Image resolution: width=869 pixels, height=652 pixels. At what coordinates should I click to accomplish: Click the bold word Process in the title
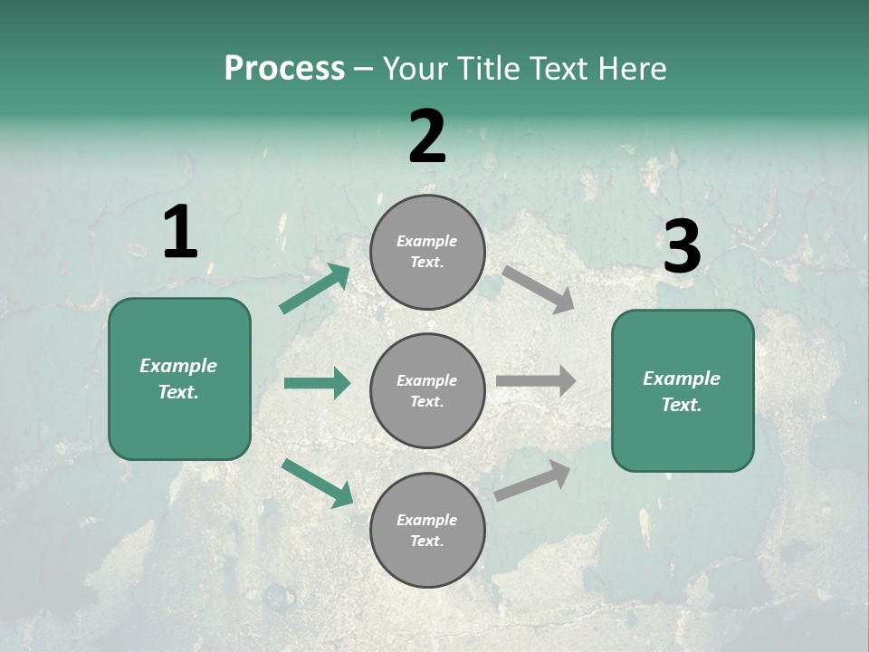(284, 69)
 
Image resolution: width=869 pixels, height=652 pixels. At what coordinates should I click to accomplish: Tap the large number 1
(180, 233)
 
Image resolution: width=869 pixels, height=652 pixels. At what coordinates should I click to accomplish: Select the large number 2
(427, 137)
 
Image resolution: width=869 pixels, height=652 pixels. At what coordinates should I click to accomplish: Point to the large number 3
(682, 247)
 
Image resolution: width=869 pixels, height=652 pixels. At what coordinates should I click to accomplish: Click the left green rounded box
(179, 379)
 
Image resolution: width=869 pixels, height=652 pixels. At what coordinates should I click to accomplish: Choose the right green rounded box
(683, 391)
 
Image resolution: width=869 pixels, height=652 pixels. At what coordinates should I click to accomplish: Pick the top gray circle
(427, 252)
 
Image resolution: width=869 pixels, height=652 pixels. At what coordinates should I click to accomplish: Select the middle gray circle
(427, 390)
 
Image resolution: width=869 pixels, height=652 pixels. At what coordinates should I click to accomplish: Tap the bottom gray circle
(427, 530)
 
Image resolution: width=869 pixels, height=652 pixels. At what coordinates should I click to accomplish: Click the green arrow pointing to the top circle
(314, 289)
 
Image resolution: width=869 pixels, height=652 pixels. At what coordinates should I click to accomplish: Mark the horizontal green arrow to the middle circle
(317, 383)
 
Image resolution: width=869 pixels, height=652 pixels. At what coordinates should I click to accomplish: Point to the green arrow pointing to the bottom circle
(317, 482)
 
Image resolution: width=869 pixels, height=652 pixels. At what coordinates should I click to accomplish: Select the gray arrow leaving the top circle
(539, 289)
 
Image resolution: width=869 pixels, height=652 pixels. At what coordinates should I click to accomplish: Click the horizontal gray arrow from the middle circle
(536, 381)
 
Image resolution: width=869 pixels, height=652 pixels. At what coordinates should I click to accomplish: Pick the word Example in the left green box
(178, 366)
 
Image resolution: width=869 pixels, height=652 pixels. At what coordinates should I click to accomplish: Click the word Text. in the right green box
(682, 405)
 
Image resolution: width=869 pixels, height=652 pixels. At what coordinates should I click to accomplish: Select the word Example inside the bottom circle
(426, 520)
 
